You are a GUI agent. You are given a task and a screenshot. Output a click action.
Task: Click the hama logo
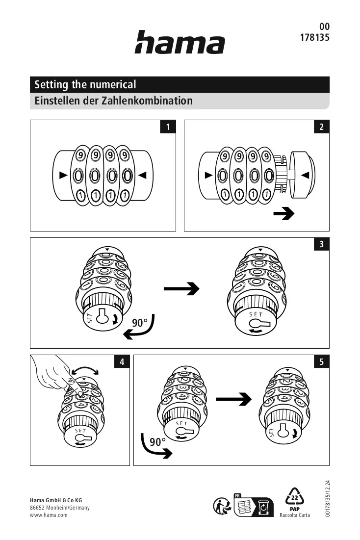[180, 42]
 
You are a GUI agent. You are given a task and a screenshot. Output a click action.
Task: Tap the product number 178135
[314, 37]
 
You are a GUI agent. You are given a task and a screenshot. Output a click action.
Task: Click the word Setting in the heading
[51, 85]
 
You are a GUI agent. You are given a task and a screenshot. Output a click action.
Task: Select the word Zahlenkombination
[147, 101]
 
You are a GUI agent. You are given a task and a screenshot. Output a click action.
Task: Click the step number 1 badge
[168, 127]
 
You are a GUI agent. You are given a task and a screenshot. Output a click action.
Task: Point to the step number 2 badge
[321, 127]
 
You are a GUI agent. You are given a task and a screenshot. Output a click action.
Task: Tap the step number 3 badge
[321, 244]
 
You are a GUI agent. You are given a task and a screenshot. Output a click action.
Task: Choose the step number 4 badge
[122, 361]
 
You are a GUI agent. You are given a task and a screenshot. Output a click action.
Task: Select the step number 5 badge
[321, 361]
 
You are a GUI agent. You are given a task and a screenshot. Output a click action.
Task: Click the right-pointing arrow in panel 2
[284, 213]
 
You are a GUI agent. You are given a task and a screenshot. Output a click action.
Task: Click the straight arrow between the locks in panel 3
[181, 288]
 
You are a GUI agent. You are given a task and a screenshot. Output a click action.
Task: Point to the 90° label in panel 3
[139, 323]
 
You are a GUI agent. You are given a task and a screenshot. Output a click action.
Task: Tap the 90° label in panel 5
[157, 442]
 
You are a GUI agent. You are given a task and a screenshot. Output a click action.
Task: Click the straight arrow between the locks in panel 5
[234, 399]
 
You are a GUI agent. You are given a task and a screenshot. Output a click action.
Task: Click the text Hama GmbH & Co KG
[56, 500]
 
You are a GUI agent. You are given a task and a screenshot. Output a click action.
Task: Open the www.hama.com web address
[49, 515]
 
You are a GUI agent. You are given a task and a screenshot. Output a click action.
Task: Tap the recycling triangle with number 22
[295, 497]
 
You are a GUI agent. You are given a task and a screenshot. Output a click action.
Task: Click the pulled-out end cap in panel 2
[302, 175]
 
